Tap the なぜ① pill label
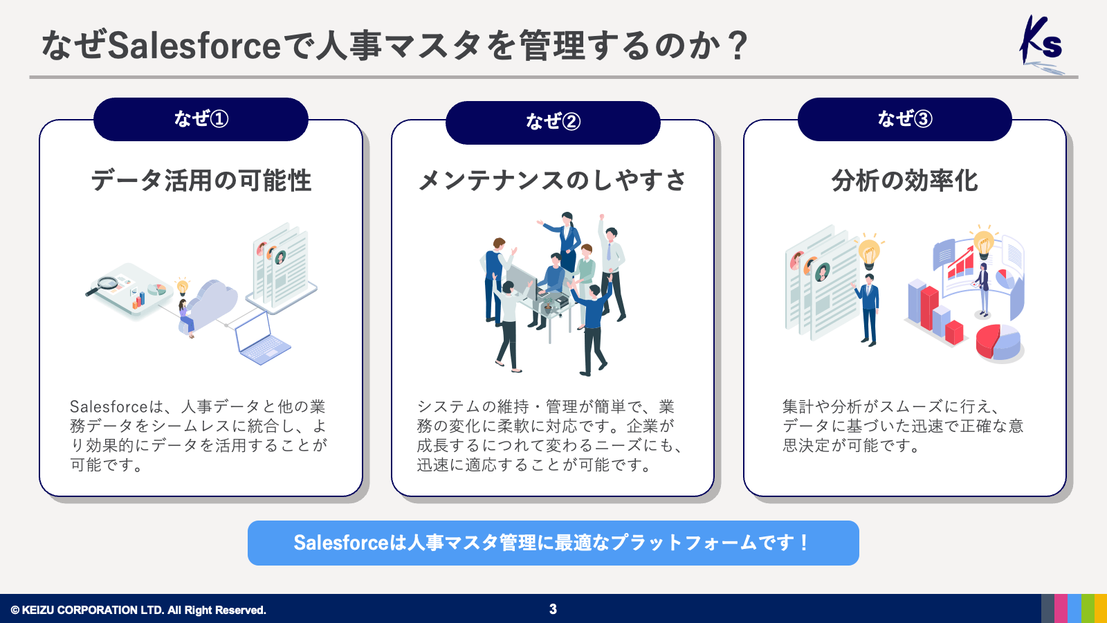(x=201, y=119)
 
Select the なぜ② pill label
(x=553, y=122)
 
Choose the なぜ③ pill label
(x=904, y=119)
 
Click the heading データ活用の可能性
(x=201, y=180)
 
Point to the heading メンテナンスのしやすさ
(x=553, y=180)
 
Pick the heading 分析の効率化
(x=904, y=180)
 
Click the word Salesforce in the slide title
(x=194, y=46)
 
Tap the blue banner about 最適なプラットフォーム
(x=553, y=543)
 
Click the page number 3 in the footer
(x=553, y=609)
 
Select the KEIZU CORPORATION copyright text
(x=138, y=610)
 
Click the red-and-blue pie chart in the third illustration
(x=998, y=342)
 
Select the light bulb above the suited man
(x=869, y=251)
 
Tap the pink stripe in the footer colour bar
(x=1061, y=608)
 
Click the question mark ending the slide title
(x=738, y=46)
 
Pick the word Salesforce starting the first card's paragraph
(x=109, y=406)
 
